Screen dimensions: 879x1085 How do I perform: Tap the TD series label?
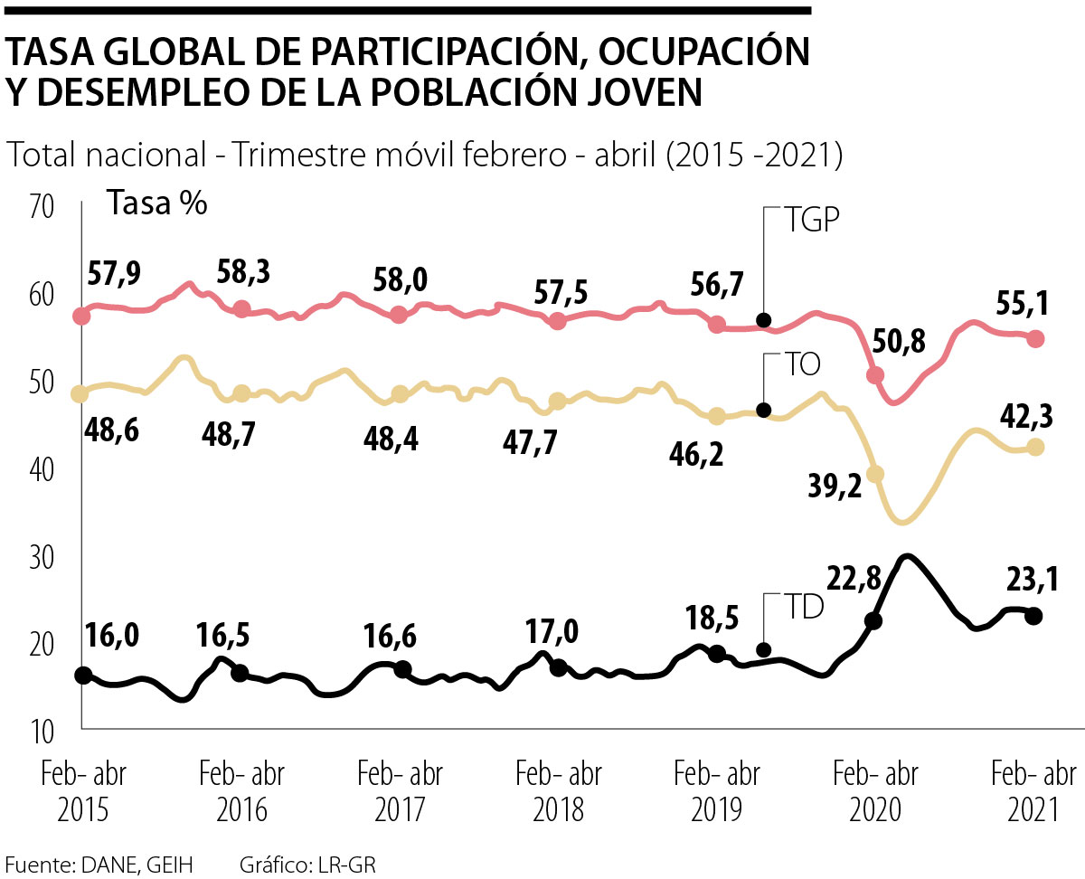pyautogui.click(x=801, y=607)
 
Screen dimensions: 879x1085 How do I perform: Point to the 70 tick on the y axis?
pyautogui.click(x=42, y=207)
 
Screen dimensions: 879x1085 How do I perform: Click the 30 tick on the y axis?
pyautogui.click(x=42, y=557)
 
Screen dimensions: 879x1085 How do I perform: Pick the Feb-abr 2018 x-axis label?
pyautogui.click(x=558, y=791)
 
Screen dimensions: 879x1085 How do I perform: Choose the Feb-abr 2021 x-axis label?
pyautogui.click(x=1034, y=791)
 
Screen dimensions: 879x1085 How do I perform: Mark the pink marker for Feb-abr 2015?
pyautogui.click(x=81, y=316)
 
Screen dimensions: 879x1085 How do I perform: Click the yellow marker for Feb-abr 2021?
pyautogui.click(x=1036, y=447)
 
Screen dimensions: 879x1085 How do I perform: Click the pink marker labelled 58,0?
pyautogui.click(x=399, y=315)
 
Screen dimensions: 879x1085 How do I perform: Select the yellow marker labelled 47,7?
pyautogui.click(x=558, y=402)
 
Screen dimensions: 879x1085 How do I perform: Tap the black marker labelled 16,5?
pyautogui.click(x=241, y=673)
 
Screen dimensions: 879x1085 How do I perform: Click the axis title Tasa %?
pyautogui.click(x=157, y=203)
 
